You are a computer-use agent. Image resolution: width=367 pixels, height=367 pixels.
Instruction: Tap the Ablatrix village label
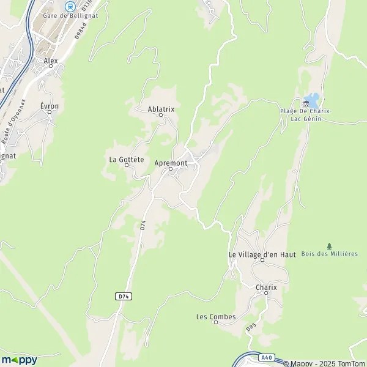tap(161, 109)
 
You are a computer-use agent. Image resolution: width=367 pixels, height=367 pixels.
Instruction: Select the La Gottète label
tap(126, 160)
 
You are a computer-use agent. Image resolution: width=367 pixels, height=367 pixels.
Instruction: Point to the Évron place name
tap(50, 106)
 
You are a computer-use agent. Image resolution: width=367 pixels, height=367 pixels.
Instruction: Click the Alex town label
tap(50, 61)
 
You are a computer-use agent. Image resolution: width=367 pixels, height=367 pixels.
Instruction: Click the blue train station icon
tap(70, 6)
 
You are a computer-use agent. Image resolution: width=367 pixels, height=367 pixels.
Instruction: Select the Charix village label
tap(266, 287)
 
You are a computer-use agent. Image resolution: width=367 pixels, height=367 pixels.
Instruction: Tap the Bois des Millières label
tap(330, 253)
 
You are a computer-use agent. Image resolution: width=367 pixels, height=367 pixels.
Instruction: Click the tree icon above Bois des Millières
tap(330, 245)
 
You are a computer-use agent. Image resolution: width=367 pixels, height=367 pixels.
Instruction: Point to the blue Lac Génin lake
tap(313, 99)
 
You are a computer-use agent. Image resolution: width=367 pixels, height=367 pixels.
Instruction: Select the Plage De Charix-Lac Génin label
tap(306, 114)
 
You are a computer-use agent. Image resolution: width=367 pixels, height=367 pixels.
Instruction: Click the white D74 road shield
tap(124, 296)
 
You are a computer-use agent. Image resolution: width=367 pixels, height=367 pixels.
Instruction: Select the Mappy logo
tap(20, 360)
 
